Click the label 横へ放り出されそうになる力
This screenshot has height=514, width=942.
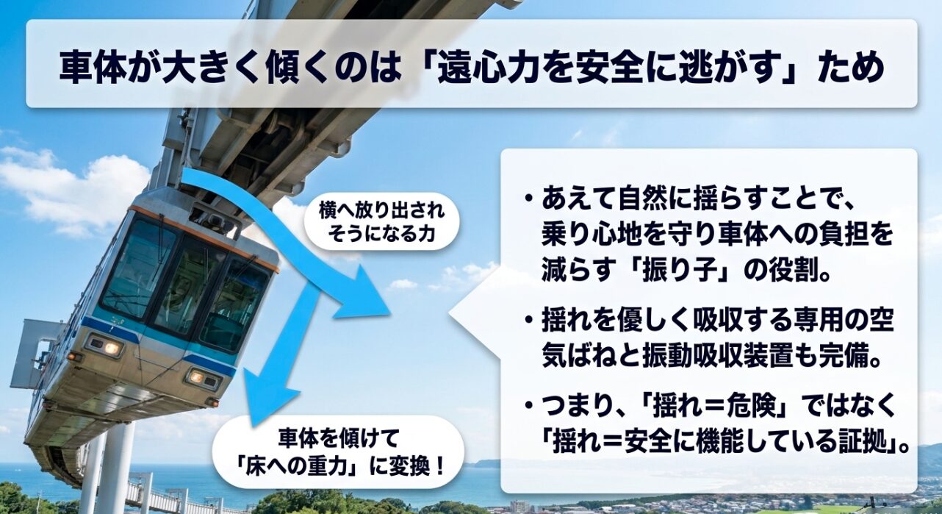click(x=381, y=222)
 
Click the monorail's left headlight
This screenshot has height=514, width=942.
click(x=104, y=346)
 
